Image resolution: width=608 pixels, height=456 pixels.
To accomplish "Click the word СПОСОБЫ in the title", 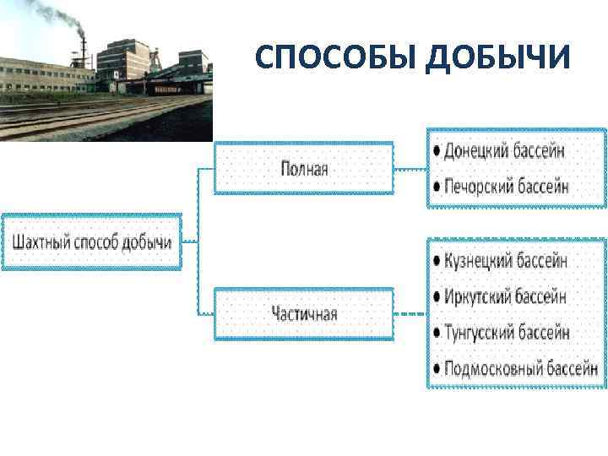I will [337, 57].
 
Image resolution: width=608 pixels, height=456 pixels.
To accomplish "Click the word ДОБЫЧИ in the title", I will [500, 57].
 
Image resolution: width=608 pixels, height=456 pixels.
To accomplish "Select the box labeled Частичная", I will [304, 314].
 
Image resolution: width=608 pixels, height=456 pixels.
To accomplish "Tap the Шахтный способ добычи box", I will [91, 242].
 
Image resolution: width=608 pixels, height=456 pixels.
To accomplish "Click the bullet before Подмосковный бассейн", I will [435, 369].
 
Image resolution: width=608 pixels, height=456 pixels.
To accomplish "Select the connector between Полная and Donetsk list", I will [410, 169].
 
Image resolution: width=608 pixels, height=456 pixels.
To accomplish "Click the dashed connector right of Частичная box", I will [410, 314].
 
